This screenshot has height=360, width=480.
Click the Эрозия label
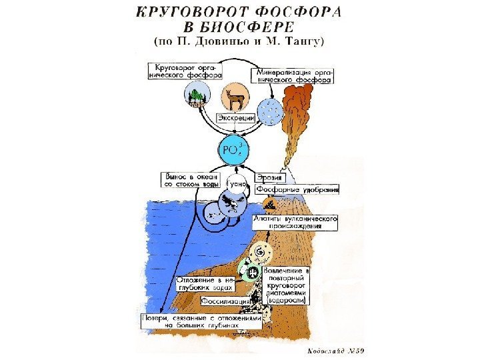[270, 178]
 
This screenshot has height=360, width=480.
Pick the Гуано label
[237, 182]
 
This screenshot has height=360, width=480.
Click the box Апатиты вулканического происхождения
[295, 222]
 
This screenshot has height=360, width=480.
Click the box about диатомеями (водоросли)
[287, 287]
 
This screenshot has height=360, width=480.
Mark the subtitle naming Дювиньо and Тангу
[240, 42]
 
